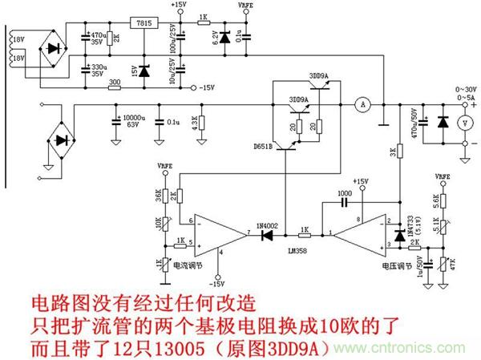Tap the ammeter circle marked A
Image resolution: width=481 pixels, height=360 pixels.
click(x=361, y=103)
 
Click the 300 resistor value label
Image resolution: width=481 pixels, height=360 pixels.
click(x=115, y=81)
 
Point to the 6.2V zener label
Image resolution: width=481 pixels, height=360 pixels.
click(x=215, y=36)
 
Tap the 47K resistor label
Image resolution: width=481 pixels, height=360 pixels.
click(x=455, y=262)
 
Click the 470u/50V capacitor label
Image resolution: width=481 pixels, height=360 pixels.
click(x=415, y=122)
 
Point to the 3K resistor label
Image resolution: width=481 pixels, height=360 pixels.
click(x=392, y=150)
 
